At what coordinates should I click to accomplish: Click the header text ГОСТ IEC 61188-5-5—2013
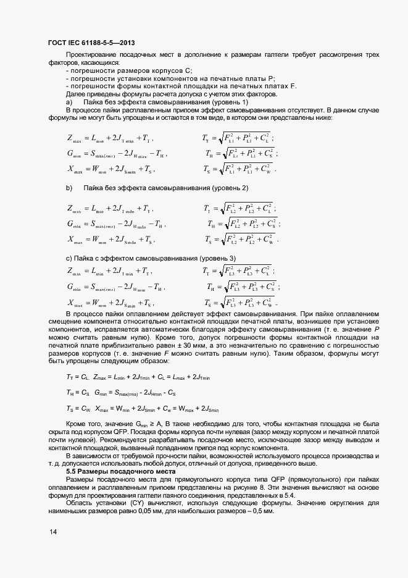click(x=91, y=43)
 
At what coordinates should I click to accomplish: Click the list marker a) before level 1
click(x=69, y=101)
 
